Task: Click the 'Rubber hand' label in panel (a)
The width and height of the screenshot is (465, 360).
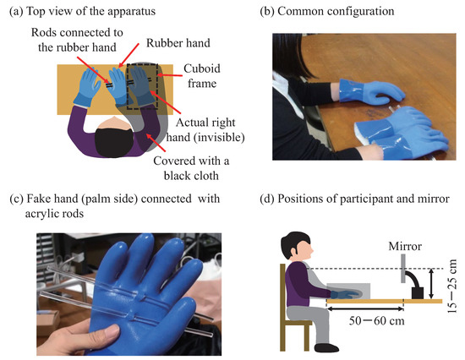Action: pos(178,43)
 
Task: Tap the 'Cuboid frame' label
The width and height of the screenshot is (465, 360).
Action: pos(202,76)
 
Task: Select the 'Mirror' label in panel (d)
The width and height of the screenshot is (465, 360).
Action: pos(405,246)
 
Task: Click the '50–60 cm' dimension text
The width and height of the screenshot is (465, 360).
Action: pos(376,321)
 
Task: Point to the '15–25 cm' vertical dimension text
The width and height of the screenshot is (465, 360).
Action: pos(453,286)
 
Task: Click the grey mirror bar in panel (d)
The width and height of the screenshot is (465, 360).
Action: pos(403,269)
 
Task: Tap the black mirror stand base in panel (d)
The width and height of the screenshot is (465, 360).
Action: pos(418,293)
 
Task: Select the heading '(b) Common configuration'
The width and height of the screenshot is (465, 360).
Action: pos(327,11)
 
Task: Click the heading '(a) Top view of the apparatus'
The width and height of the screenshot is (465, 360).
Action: pos(83,11)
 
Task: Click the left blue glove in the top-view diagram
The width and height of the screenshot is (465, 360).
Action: pos(87,86)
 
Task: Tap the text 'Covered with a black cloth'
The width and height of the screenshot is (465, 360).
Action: pos(191,168)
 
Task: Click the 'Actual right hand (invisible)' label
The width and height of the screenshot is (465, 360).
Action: pos(205,129)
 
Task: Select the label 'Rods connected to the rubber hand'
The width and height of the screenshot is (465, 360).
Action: pos(77,40)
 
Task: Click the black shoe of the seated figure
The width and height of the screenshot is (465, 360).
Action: pos(325,347)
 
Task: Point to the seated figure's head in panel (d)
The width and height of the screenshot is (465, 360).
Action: pos(297,246)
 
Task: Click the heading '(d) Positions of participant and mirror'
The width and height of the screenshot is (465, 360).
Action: pos(355,199)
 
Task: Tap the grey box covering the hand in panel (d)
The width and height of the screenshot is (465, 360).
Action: pos(348,291)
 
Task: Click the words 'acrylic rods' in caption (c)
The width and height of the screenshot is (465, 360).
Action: pos(54,214)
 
